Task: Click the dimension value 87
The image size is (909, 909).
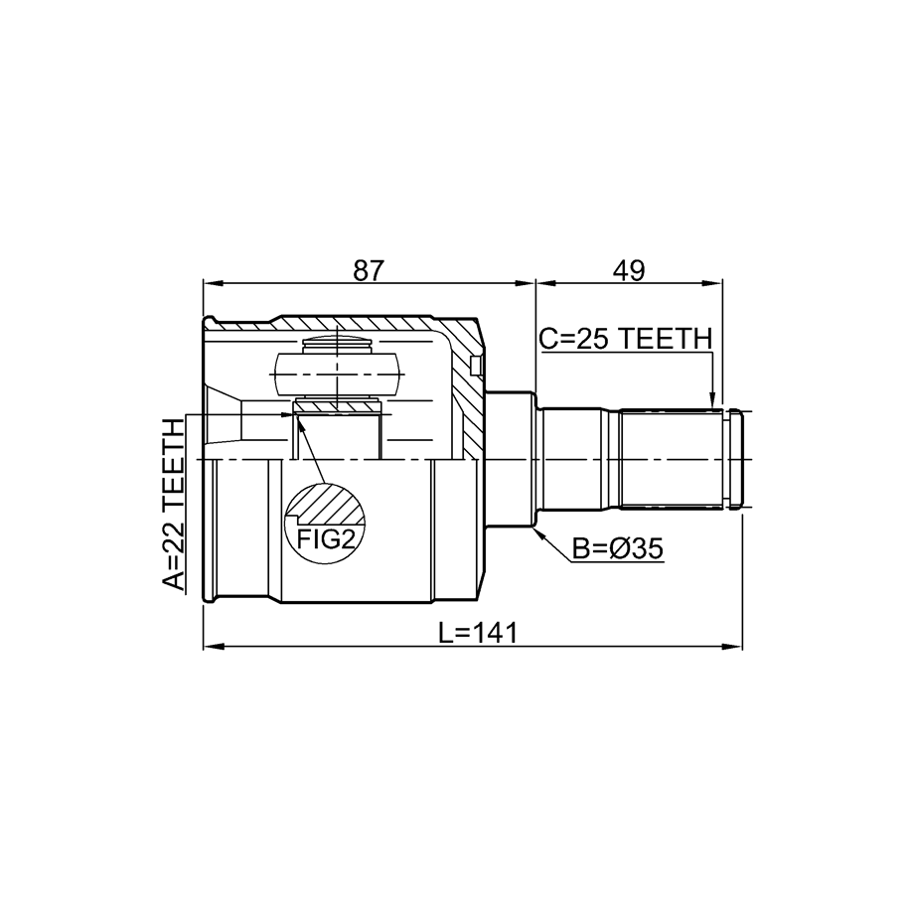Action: pyautogui.click(x=369, y=270)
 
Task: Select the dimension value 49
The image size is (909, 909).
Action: pyautogui.click(x=629, y=270)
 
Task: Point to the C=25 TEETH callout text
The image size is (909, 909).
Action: pyautogui.click(x=625, y=339)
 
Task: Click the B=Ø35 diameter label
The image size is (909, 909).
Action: pyautogui.click(x=617, y=548)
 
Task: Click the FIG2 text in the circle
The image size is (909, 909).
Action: pyautogui.click(x=325, y=539)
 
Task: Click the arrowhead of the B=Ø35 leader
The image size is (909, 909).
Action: pyautogui.click(x=538, y=531)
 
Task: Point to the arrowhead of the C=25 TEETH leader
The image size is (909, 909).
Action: pyautogui.click(x=713, y=403)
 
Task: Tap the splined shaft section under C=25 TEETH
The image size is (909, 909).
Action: pyautogui.click(x=671, y=460)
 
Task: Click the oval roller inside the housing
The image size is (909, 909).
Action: pyautogui.click(x=337, y=375)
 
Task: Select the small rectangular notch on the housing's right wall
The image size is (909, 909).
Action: pyautogui.click(x=476, y=366)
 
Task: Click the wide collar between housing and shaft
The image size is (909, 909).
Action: pyautogui.click(x=509, y=460)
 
